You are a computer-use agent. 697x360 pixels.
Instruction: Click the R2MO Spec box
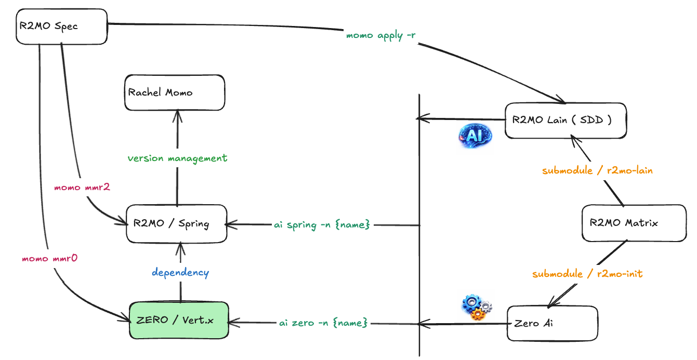[x=61, y=25]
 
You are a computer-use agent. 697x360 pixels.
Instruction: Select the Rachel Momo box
[x=175, y=92]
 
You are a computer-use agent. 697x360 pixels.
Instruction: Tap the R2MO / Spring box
[x=177, y=224]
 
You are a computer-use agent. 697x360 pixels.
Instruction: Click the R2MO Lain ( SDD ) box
[x=565, y=121]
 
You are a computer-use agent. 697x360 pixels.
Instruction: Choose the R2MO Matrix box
[x=634, y=223]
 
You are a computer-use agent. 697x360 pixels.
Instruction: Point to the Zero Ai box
[x=552, y=323]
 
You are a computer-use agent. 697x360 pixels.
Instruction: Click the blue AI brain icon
[x=475, y=135]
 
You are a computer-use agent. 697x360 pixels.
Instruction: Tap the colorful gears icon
[x=477, y=307]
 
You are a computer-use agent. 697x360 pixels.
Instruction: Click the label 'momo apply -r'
[x=381, y=36]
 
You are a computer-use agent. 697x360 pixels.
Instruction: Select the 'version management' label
[x=178, y=157]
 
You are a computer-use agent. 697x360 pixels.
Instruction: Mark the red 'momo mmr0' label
[x=50, y=258]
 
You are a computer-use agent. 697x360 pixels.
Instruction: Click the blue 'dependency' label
[x=180, y=272]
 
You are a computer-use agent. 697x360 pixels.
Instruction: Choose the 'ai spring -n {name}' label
[x=322, y=225]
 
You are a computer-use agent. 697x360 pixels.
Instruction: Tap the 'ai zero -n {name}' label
[x=323, y=323]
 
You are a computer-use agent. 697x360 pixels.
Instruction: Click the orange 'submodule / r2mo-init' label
[x=587, y=273]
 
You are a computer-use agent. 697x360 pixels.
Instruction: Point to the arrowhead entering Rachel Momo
[x=178, y=114]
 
